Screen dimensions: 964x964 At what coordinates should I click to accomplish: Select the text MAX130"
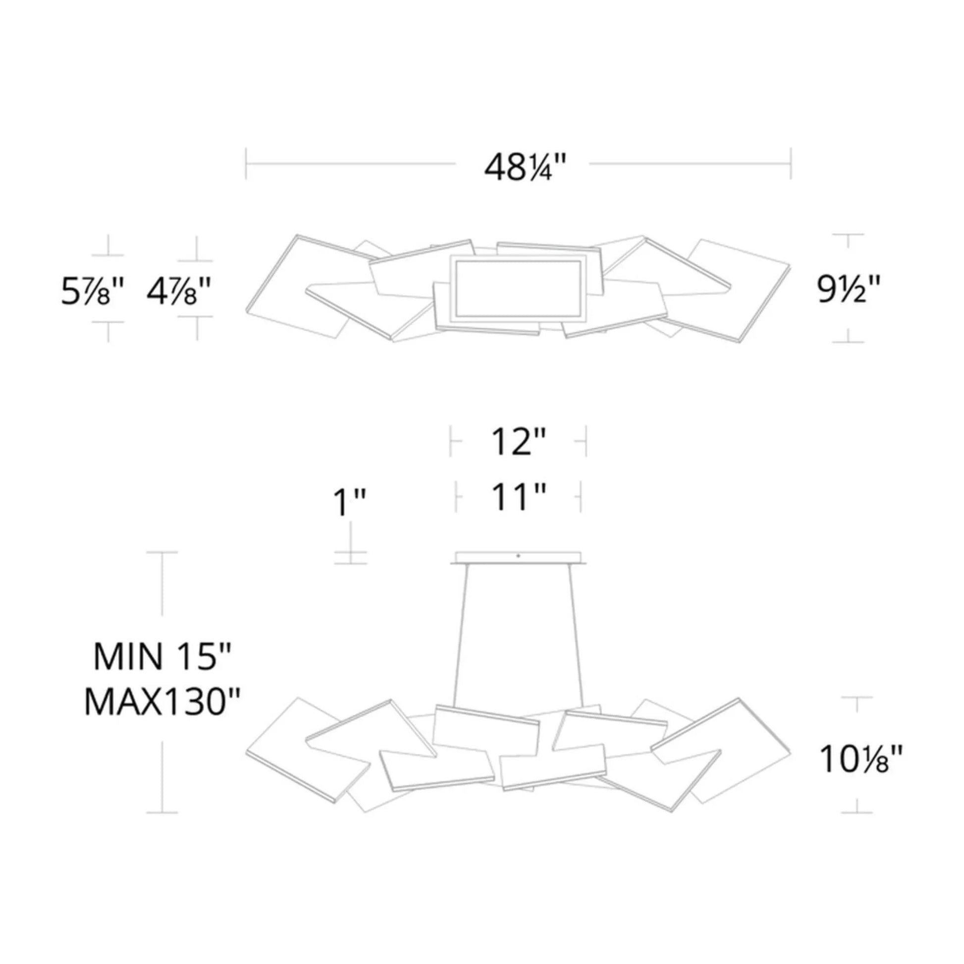(x=162, y=702)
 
